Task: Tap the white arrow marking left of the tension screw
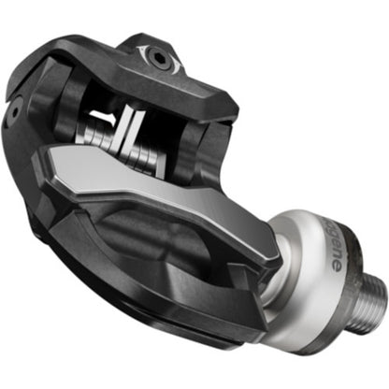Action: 140,50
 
